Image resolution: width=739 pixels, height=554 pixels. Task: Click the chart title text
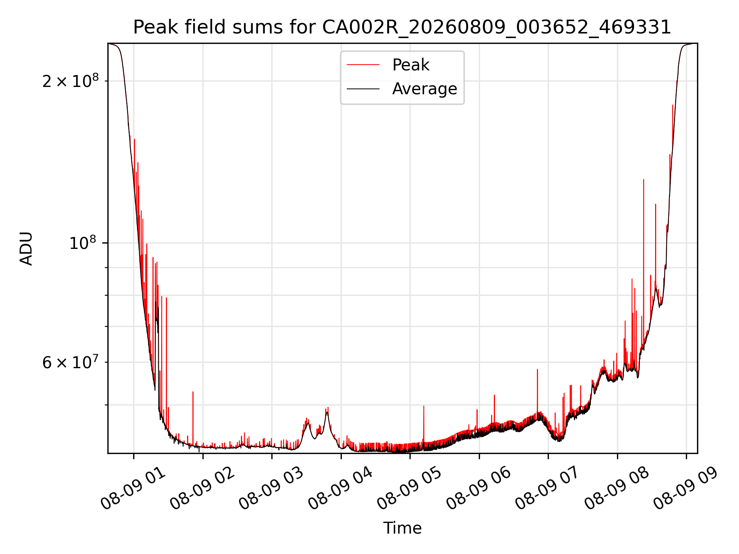[x=402, y=28]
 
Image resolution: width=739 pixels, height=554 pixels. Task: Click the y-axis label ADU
[x=26, y=249]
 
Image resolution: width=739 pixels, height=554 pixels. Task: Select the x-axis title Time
[x=402, y=528]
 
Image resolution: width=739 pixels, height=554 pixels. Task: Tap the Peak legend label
[x=410, y=65]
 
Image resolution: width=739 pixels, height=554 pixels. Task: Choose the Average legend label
[x=425, y=89]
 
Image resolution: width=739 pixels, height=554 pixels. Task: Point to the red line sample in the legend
[x=363, y=65]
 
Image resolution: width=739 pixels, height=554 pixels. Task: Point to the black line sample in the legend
[x=363, y=89]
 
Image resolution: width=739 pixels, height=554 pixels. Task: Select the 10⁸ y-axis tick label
[x=84, y=243]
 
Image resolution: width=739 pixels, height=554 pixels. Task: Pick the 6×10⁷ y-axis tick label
[x=70, y=362]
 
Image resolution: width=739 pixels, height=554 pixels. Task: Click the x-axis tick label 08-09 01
[x=133, y=489]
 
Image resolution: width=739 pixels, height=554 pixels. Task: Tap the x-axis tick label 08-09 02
[x=202, y=489]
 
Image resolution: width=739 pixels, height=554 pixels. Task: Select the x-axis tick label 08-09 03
[x=271, y=489]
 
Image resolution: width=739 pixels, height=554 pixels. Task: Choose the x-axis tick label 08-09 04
[x=340, y=489]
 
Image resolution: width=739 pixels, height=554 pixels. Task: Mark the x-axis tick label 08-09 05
[x=409, y=489]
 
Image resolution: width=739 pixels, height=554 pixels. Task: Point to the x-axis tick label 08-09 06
[x=478, y=489]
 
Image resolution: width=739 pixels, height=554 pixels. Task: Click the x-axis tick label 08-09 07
[x=547, y=489]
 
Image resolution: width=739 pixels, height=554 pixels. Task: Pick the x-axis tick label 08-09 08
[x=617, y=489]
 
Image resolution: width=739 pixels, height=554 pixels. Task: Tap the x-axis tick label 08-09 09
[x=685, y=489]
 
